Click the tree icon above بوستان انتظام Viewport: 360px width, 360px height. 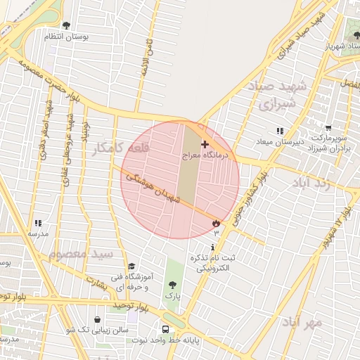66,25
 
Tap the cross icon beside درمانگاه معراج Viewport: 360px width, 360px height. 205,143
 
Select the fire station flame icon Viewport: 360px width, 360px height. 215,224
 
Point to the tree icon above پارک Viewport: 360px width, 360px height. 172,285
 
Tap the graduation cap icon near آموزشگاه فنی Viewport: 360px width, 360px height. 131,266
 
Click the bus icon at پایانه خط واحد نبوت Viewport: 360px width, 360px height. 165,329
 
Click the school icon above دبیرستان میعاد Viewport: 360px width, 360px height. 280,131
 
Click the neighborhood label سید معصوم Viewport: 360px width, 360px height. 79,252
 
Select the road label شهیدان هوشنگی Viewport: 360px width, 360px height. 153,189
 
